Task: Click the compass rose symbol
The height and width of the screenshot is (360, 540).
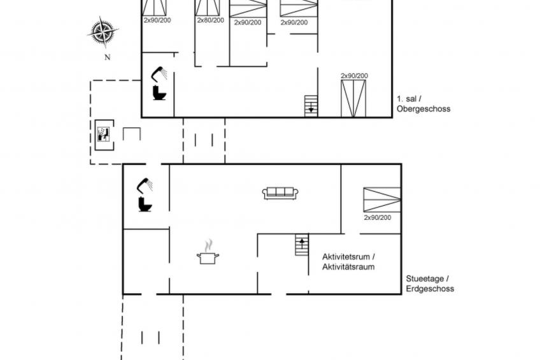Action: pyautogui.click(x=103, y=32)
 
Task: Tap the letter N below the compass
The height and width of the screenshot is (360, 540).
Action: pyautogui.click(x=108, y=57)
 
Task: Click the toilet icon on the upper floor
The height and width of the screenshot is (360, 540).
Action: pyautogui.click(x=159, y=92)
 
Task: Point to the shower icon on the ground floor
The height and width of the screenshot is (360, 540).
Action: pyautogui.click(x=145, y=185)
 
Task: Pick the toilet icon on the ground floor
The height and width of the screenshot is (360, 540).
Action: pyautogui.click(x=145, y=204)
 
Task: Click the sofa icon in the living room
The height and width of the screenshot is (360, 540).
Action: pyautogui.click(x=280, y=193)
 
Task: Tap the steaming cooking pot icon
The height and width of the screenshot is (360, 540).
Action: pyautogui.click(x=208, y=252)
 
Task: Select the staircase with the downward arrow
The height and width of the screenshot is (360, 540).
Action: pyautogui.click(x=311, y=106)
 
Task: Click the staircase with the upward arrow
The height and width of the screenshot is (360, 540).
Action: pyautogui.click(x=302, y=245)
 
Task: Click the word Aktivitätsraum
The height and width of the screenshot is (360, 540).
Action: pyautogui.click(x=348, y=266)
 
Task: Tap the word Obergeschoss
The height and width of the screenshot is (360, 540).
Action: pyautogui.click(x=423, y=109)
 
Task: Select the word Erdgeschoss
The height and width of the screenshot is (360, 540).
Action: pyautogui.click(x=430, y=289)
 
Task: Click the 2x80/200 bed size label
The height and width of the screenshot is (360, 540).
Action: pyautogui.click(x=210, y=20)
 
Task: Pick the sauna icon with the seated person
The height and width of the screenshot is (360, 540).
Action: pyautogui.click(x=103, y=134)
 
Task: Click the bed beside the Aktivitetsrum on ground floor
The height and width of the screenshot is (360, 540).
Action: pyautogui.click(x=382, y=199)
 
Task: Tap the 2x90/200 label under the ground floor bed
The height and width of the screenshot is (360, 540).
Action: pyautogui.click(x=378, y=217)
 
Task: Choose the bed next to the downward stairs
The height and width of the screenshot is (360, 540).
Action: pyautogui.click(x=353, y=99)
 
